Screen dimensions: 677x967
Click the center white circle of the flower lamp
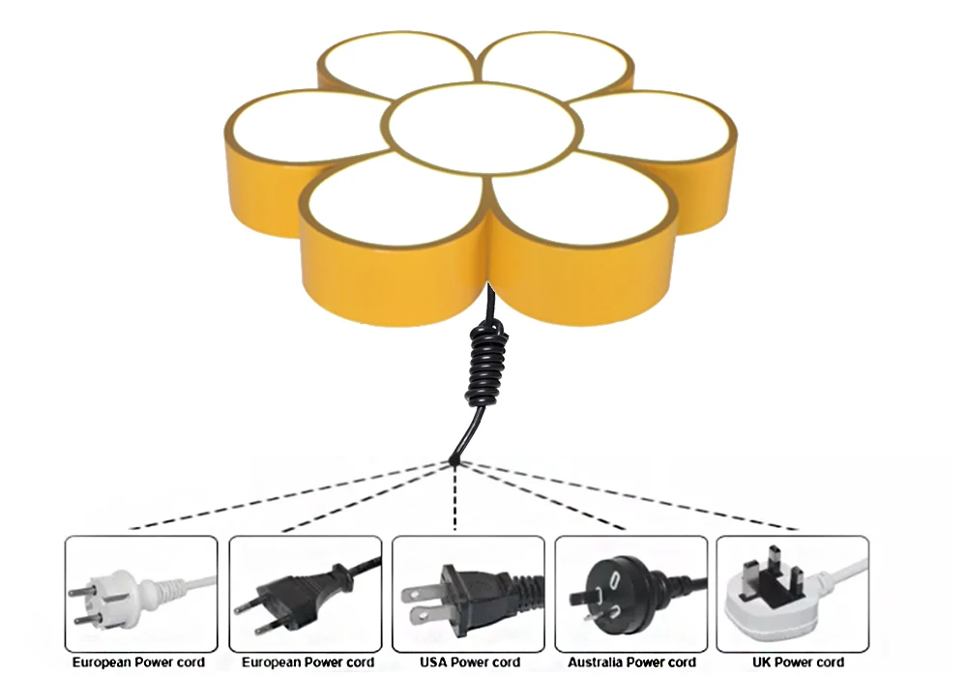[481, 129]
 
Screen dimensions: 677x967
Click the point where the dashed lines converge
[454, 462]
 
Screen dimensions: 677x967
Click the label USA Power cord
[469, 662]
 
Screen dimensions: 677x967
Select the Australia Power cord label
[631, 662]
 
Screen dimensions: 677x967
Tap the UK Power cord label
[797, 662]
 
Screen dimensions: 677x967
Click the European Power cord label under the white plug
[138, 662]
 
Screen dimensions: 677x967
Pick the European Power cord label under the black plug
[307, 662]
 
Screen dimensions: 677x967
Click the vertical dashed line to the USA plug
[454, 498]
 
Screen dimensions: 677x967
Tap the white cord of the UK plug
[841, 571]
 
